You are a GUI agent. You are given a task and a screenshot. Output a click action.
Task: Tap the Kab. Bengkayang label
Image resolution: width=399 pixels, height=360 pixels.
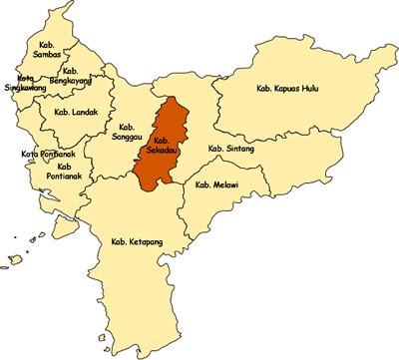click(x=71, y=75)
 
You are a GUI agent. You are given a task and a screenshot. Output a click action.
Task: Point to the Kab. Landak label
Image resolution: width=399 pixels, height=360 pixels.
click(x=76, y=113)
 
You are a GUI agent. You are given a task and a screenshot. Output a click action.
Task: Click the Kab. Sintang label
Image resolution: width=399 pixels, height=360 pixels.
click(x=230, y=149)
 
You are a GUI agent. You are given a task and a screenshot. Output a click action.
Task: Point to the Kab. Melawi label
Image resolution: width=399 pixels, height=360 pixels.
click(x=216, y=184)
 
